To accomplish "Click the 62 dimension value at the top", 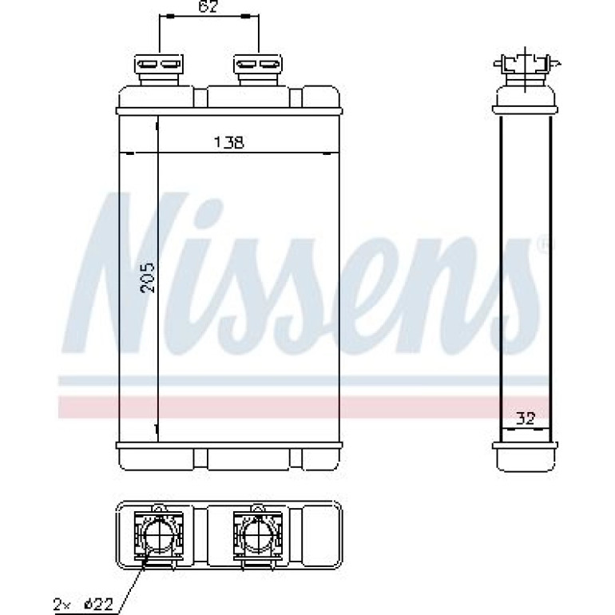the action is [x=208, y=6].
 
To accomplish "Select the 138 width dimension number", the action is [x=228, y=142].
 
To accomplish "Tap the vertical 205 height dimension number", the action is [x=148, y=278].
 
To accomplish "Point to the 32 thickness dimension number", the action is [x=526, y=419].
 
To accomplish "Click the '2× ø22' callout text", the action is [x=83, y=602].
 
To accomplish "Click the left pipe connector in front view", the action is [x=159, y=69].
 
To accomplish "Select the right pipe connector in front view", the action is [x=258, y=69].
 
